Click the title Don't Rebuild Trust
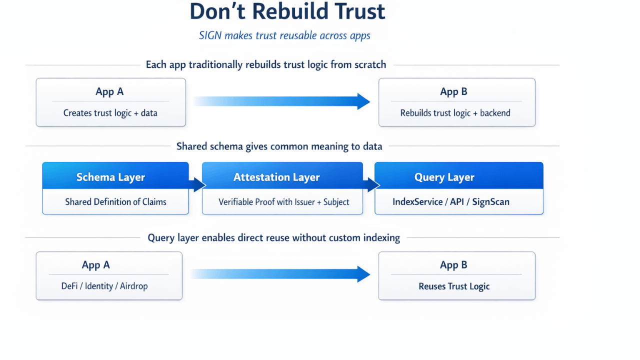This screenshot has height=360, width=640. [287, 12]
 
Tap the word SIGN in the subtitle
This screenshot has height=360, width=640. [210, 35]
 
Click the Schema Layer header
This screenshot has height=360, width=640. [110, 177]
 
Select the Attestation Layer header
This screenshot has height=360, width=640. [276, 177]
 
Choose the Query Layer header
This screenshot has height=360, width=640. [444, 177]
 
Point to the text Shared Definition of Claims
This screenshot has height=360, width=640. [115, 202]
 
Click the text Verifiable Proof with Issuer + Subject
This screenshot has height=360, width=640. [283, 202]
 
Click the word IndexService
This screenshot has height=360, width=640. [417, 202]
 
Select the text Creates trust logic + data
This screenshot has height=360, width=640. [110, 113]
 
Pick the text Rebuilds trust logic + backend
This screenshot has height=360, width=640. [455, 113]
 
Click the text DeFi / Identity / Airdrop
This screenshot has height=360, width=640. [104, 286]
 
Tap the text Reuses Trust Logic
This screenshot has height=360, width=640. [454, 286]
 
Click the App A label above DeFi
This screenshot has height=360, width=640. [95, 265]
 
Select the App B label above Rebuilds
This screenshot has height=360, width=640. [453, 92]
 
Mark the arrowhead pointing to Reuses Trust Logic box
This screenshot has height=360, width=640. [363, 274]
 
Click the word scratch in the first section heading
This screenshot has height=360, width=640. [369, 65]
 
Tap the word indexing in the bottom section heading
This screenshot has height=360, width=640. [382, 238]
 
